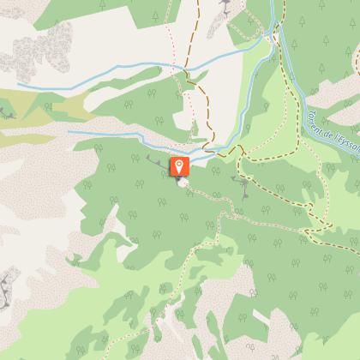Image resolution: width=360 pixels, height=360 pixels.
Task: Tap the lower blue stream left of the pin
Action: (111, 137)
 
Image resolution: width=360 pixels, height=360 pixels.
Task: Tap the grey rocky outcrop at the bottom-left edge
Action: (9, 283)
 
